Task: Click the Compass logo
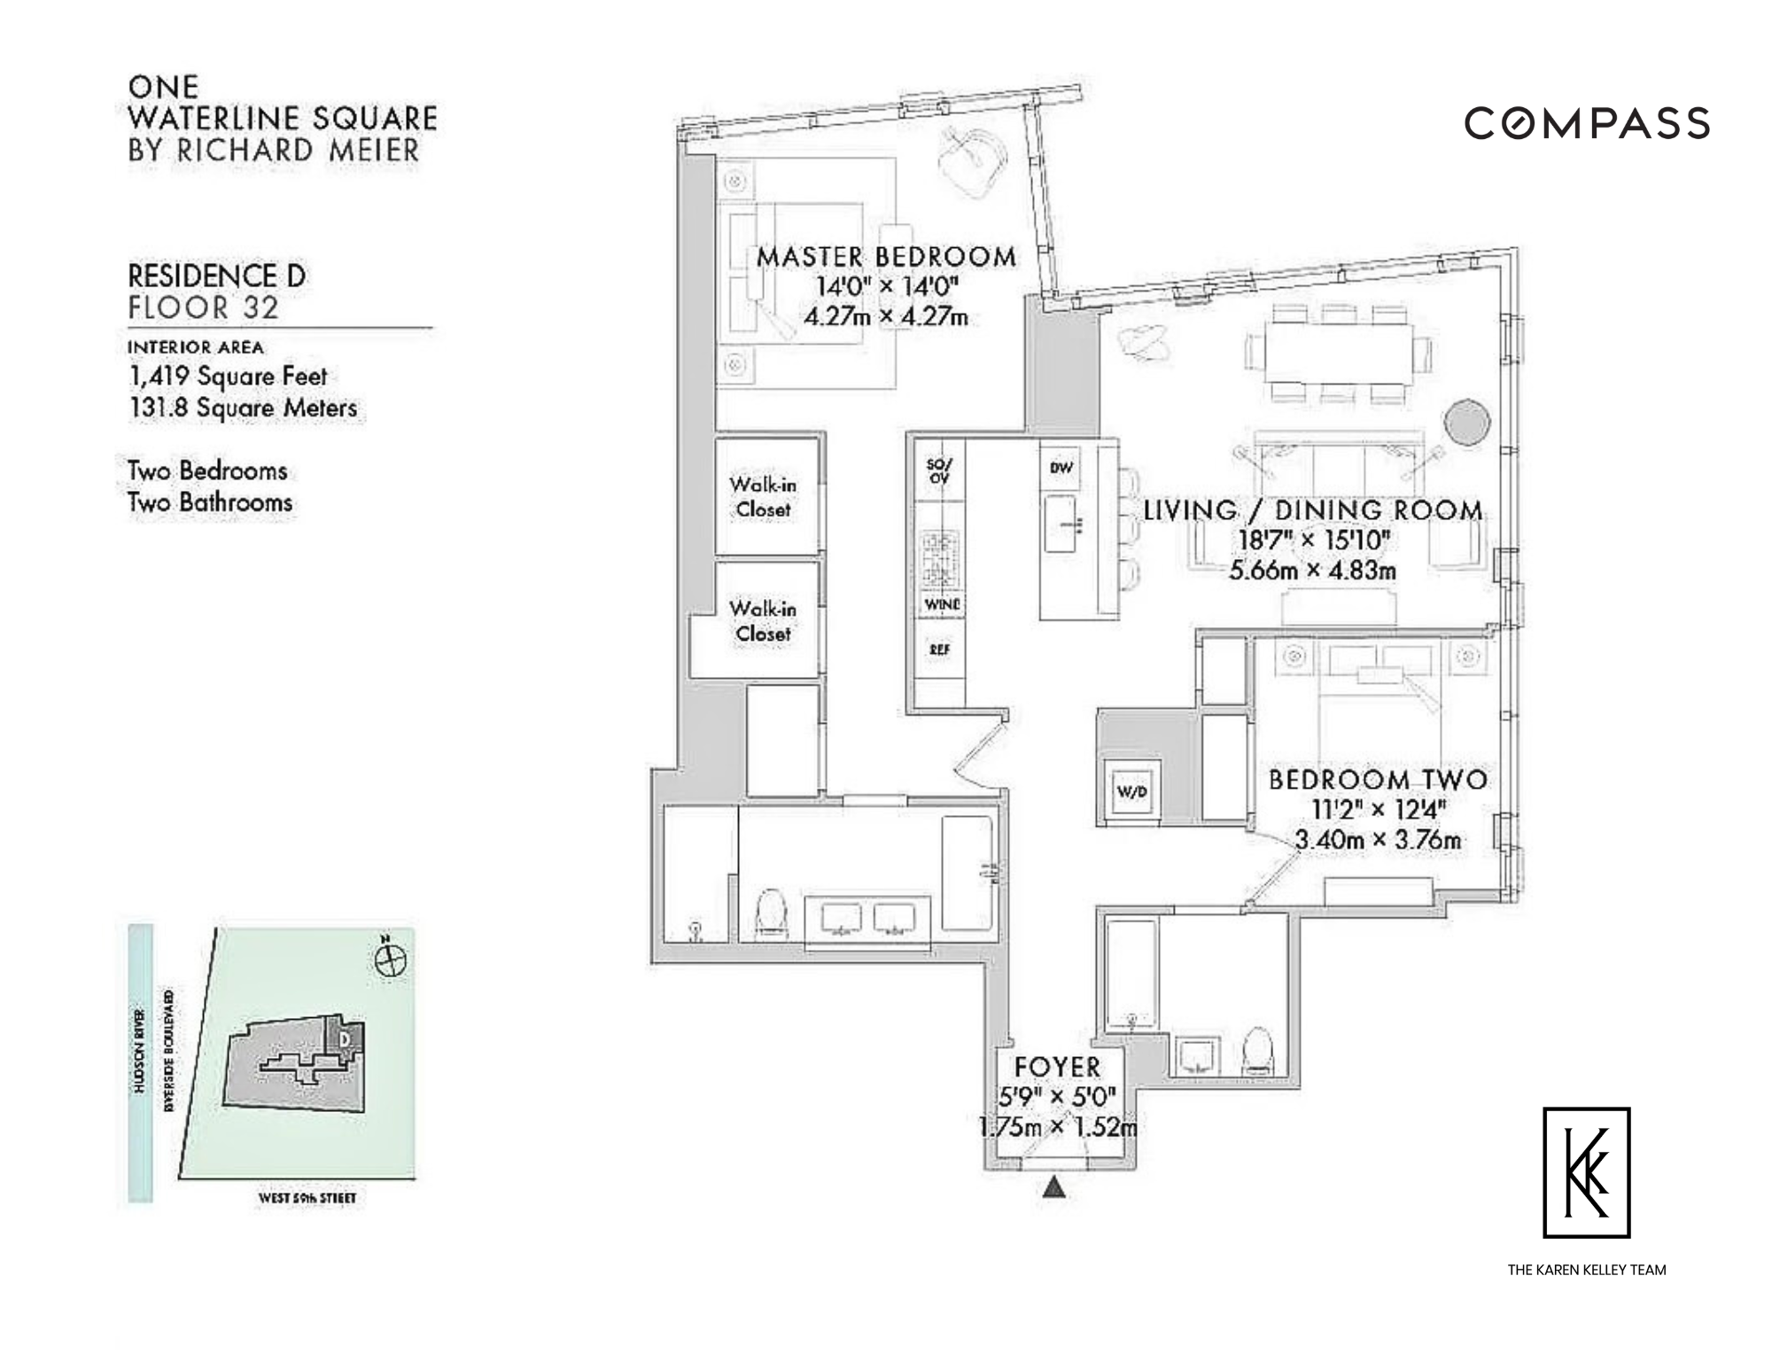1587,123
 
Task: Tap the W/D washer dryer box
1131,790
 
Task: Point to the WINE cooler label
942,604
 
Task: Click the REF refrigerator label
940,649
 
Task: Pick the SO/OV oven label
938,471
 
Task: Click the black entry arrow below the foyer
1053,1186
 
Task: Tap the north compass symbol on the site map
391,959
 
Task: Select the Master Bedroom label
886,257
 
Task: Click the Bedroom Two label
1378,780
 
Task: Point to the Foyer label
1057,1067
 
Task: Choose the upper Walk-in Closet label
763,496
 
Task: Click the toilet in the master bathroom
773,915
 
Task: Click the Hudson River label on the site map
140,1063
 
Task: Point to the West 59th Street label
307,1199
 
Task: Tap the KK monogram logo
1587,1172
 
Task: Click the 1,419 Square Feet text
229,377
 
